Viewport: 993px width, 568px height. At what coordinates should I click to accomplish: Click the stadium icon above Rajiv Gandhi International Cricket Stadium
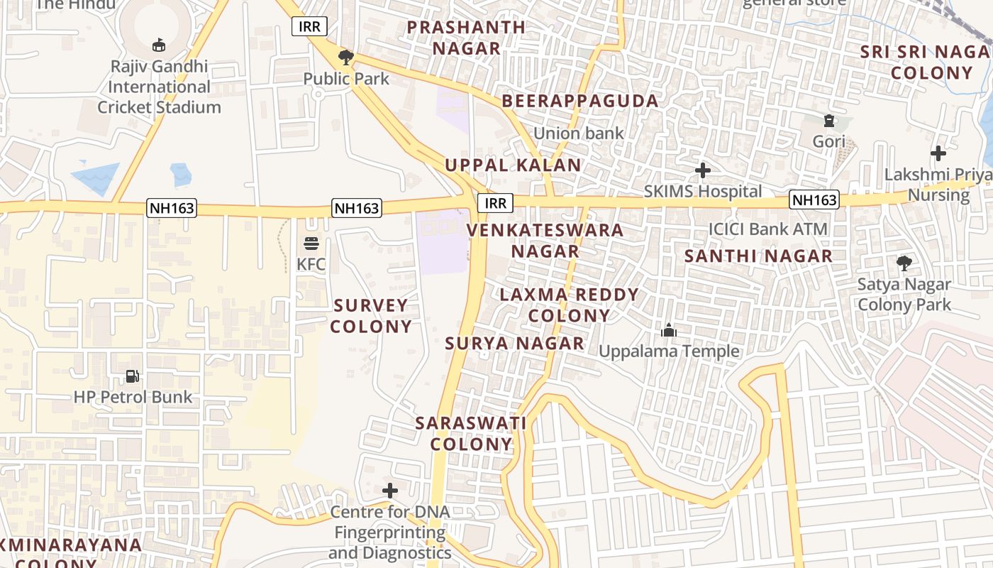159,45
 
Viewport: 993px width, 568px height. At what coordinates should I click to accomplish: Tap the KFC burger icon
311,244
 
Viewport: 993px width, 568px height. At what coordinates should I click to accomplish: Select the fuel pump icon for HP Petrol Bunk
133,376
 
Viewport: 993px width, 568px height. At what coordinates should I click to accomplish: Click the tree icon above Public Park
346,57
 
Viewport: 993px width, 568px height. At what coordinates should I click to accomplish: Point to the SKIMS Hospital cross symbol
703,170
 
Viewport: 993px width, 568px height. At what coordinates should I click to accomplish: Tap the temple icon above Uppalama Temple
669,330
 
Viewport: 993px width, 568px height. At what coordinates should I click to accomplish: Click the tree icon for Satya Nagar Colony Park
904,263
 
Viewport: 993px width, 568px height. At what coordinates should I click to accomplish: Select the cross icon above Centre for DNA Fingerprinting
390,491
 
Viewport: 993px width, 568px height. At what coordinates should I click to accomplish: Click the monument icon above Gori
828,121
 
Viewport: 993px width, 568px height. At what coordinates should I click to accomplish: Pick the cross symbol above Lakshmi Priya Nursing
938,153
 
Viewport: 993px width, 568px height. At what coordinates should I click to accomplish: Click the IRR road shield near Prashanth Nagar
310,27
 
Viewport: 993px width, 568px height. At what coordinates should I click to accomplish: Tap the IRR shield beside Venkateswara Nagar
495,203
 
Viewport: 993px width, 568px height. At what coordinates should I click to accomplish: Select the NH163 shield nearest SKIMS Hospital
814,200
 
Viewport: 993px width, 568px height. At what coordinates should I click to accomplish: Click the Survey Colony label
371,316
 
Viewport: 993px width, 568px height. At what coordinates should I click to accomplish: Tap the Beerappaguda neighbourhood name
580,101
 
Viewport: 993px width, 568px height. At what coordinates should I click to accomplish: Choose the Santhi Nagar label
758,256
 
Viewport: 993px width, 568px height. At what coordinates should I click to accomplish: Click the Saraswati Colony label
471,434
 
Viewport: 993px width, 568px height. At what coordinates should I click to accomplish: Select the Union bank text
579,133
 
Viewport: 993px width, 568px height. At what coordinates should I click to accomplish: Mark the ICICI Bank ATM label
768,229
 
